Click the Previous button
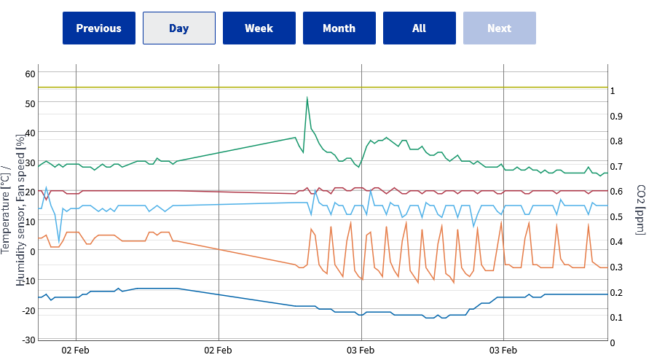tap(98, 28)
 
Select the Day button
tap(178, 28)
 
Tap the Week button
tap(259, 28)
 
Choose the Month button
tap(339, 28)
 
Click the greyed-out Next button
tap(499, 28)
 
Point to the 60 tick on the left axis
tap(30, 74)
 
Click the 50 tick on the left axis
tap(30, 103)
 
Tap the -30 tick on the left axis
tap(28, 340)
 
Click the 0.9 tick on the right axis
tap(616, 116)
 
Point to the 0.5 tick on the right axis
tap(616, 216)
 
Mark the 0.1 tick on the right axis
tap(616, 317)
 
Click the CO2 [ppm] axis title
tap(641, 205)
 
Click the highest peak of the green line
tap(307, 97)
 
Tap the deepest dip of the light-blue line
tap(59, 241)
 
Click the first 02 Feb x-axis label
tap(76, 349)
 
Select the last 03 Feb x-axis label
tap(503, 349)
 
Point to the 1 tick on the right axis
tap(613, 91)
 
